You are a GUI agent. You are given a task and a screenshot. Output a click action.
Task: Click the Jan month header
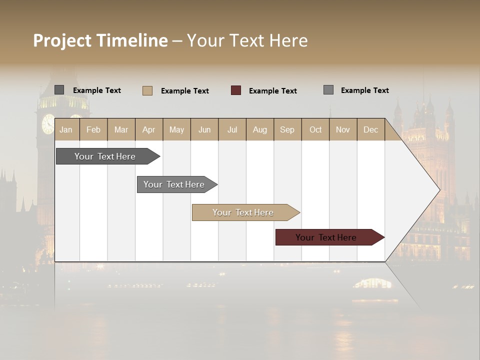(x=66, y=130)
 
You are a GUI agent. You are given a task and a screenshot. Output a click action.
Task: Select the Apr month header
(x=148, y=130)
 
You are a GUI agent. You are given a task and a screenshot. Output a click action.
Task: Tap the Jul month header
(x=232, y=130)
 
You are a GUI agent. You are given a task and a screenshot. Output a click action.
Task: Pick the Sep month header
(x=287, y=130)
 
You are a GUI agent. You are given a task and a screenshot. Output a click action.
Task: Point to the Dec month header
(x=370, y=130)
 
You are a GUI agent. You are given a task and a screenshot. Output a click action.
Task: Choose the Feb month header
(x=93, y=130)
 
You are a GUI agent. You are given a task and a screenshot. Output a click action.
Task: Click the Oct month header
(x=315, y=130)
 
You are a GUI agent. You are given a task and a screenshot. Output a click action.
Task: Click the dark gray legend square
(x=59, y=90)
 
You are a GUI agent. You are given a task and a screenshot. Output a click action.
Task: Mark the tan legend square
(x=147, y=90)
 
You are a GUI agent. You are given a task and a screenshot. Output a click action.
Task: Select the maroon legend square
(x=236, y=90)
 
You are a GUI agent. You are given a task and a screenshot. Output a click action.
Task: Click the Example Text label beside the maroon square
(x=273, y=91)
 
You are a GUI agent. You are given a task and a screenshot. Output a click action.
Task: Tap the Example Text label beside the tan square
(x=185, y=91)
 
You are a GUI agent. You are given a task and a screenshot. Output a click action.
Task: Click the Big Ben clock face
(x=48, y=123)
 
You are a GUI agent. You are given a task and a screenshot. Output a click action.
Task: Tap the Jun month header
(x=204, y=130)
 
